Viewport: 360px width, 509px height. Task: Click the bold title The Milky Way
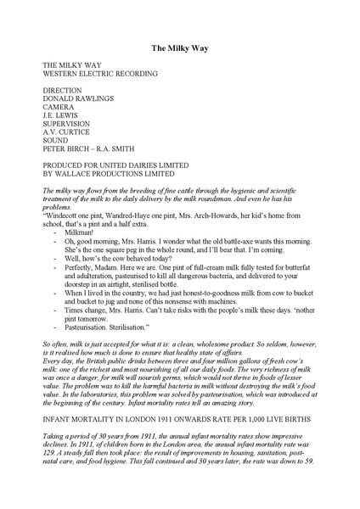(x=180, y=50)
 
